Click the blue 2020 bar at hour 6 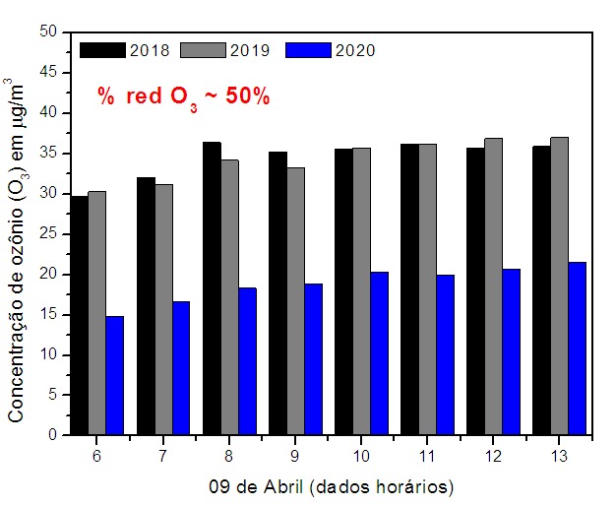pyautogui.click(x=114, y=375)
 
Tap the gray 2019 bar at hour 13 pyautogui.click(x=559, y=285)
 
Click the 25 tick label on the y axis pyautogui.click(x=51, y=234)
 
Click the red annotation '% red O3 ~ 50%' pyautogui.click(x=183, y=96)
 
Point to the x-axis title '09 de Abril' pyautogui.click(x=331, y=486)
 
